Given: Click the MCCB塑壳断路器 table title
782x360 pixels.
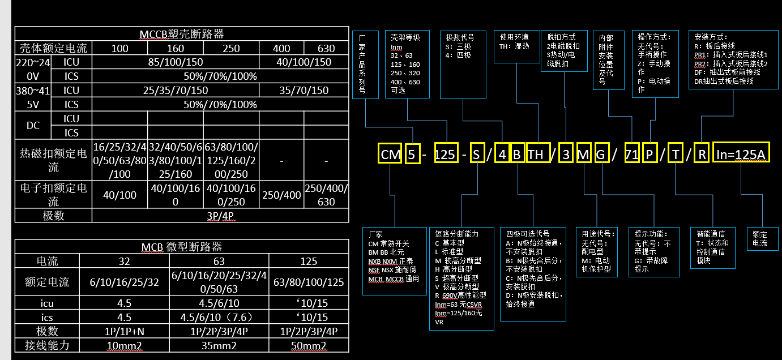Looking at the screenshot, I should pos(181,34).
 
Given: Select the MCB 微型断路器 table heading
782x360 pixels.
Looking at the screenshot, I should pos(181,247).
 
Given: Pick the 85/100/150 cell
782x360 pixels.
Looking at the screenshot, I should pos(175,62).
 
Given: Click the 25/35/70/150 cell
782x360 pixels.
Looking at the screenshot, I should pos(175,91).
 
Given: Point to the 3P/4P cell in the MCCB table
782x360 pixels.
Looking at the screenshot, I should pos(220,216).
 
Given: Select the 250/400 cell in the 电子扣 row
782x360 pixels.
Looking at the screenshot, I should pos(281,195).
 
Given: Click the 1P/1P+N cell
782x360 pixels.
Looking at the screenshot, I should pos(125,331).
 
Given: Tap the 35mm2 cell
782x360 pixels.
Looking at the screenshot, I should pos(219,345).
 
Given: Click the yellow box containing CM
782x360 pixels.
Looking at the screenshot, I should pos(390,155).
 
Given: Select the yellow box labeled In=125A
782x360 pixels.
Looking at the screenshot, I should pos(741,154).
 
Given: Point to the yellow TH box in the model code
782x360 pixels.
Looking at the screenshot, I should pos(535,155).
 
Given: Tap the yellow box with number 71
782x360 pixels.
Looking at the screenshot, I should pos(632,155).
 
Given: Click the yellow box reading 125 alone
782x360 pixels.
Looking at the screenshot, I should pos(445,155).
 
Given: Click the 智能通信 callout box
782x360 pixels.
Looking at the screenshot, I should pos(713,248).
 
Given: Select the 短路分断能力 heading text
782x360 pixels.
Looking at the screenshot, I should pos(456,233).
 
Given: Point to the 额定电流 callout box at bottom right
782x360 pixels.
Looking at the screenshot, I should pos(760,238).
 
